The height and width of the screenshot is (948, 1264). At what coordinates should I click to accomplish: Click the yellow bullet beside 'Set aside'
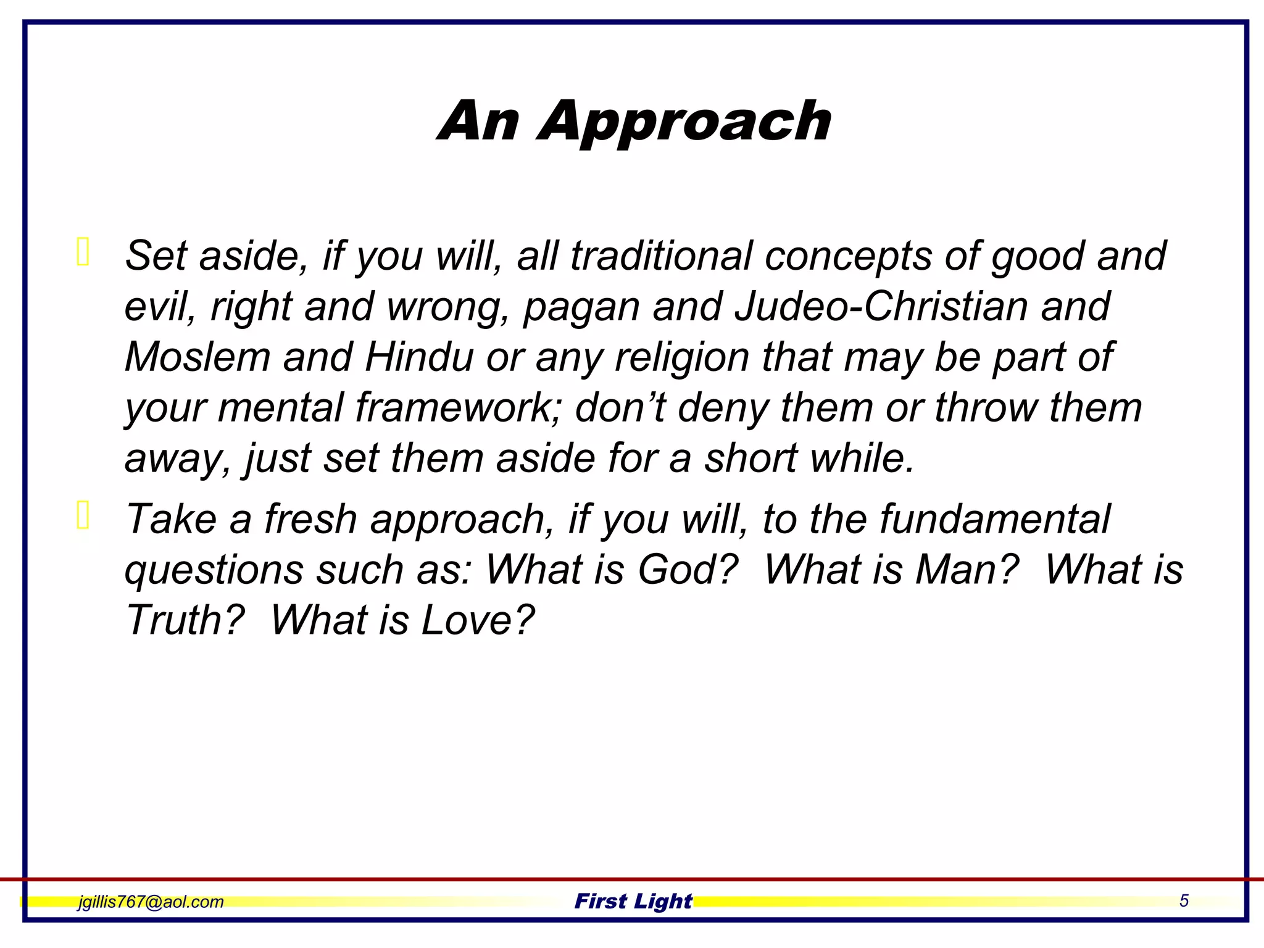pos(83,252)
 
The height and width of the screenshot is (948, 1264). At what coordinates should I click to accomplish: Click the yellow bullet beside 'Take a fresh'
pos(83,515)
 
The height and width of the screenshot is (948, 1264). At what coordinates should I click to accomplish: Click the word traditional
pos(661,256)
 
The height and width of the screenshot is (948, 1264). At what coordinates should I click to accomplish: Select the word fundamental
pos(994,519)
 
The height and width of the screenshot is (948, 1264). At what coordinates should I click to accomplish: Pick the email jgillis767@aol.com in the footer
pos(151,902)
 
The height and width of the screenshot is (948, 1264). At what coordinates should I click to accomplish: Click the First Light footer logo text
pos(633,901)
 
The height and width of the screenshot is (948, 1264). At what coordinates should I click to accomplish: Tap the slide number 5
pos(1184,900)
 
